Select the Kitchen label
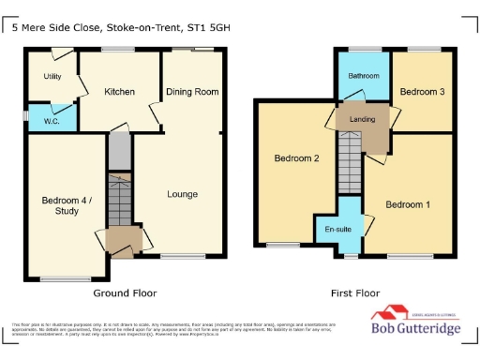pyautogui.click(x=119, y=92)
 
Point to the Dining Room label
pyautogui.click(x=192, y=92)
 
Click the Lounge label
pyautogui.click(x=182, y=194)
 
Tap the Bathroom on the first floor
pyautogui.click(x=364, y=75)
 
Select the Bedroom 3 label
pyautogui.click(x=422, y=92)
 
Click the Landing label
pyautogui.click(x=364, y=119)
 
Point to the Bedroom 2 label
pyautogui.click(x=296, y=158)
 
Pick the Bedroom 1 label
pyautogui.click(x=409, y=204)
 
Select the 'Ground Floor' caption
pyautogui.click(x=125, y=292)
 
